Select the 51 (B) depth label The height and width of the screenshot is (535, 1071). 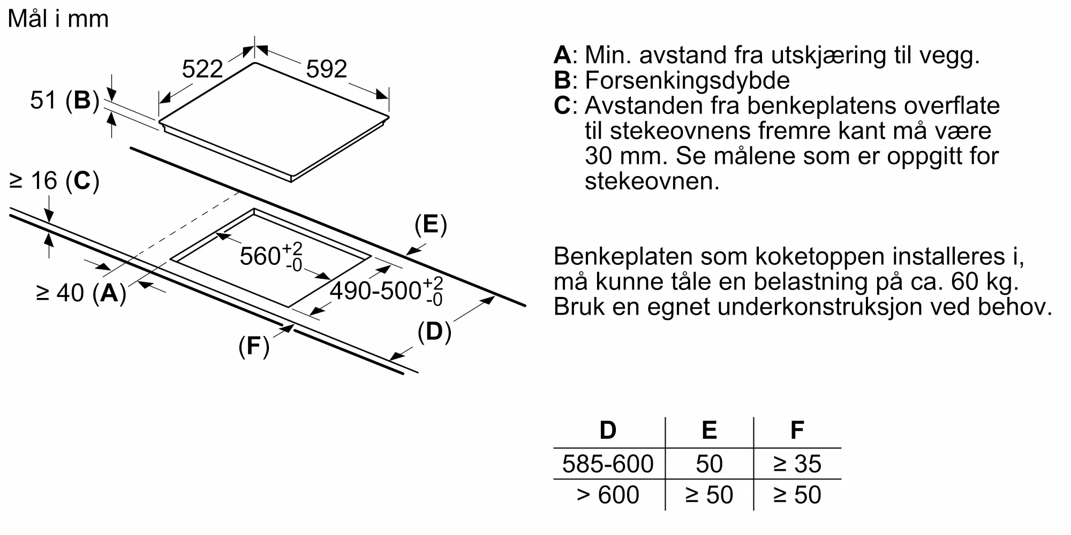point(65,100)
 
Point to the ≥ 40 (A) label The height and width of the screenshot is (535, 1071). point(81,293)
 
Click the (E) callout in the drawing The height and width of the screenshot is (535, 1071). point(431,225)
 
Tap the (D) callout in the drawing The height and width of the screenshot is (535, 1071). point(434,332)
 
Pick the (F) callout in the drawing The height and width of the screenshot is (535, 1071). point(254,346)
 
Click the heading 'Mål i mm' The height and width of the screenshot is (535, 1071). point(58,19)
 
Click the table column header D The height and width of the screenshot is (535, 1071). point(608,430)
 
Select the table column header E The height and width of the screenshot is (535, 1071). point(709,430)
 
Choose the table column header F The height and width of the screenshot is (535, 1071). point(797,430)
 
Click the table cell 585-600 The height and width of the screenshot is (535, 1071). point(608,464)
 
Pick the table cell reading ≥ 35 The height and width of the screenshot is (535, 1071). point(797,464)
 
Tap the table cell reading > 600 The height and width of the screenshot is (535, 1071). point(608,495)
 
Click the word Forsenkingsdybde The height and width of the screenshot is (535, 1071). point(687,81)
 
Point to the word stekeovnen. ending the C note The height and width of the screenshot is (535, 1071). point(652,181)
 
